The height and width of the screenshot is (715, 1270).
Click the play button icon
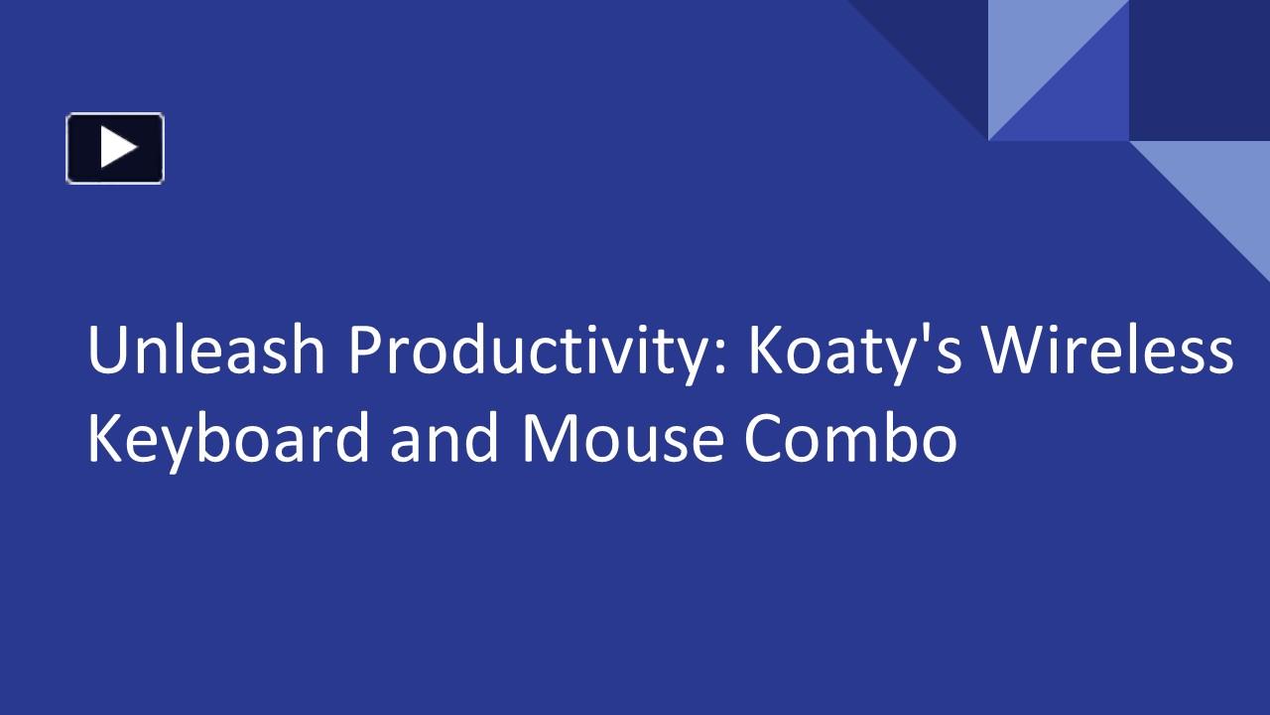115,148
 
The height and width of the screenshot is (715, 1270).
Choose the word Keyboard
228,440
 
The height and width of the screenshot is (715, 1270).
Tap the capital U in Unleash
106,352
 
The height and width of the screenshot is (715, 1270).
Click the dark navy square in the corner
1200,70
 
